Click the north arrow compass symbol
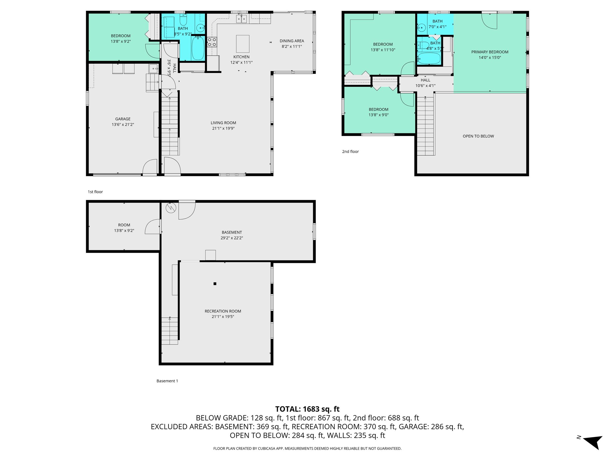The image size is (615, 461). click(x=593, y=442)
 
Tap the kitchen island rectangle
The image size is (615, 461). click(x=243, y=44)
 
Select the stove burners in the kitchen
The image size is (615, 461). click(x=212, y=42)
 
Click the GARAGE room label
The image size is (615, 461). click(x=123, y=119)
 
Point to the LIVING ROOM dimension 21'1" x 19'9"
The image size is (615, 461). click(x=223, y=128)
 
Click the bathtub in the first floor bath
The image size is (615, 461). click(x=198, y=48)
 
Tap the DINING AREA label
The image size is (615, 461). click(x=292, y=41)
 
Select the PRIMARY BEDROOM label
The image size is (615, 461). click(x=489, y=52)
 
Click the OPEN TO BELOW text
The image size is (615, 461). click(x=478, y=136)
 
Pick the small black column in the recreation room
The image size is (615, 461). click(x=215, y=284)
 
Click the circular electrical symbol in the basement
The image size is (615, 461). click(x=171, y=208)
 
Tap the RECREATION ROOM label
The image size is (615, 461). click(x=223, y=311)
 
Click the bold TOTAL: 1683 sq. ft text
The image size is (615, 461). click(x=307, y=409)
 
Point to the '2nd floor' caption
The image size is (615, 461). click(x=350, y=152)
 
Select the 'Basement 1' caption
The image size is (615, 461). click(x=167, y=381)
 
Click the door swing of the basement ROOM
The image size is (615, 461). click(x=153, y=227)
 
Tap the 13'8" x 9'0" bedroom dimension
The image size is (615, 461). click(x=378, y=115)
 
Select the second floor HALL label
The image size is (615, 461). click(x=425, y=80)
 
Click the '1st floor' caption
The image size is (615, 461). click(x=95, y=192)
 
